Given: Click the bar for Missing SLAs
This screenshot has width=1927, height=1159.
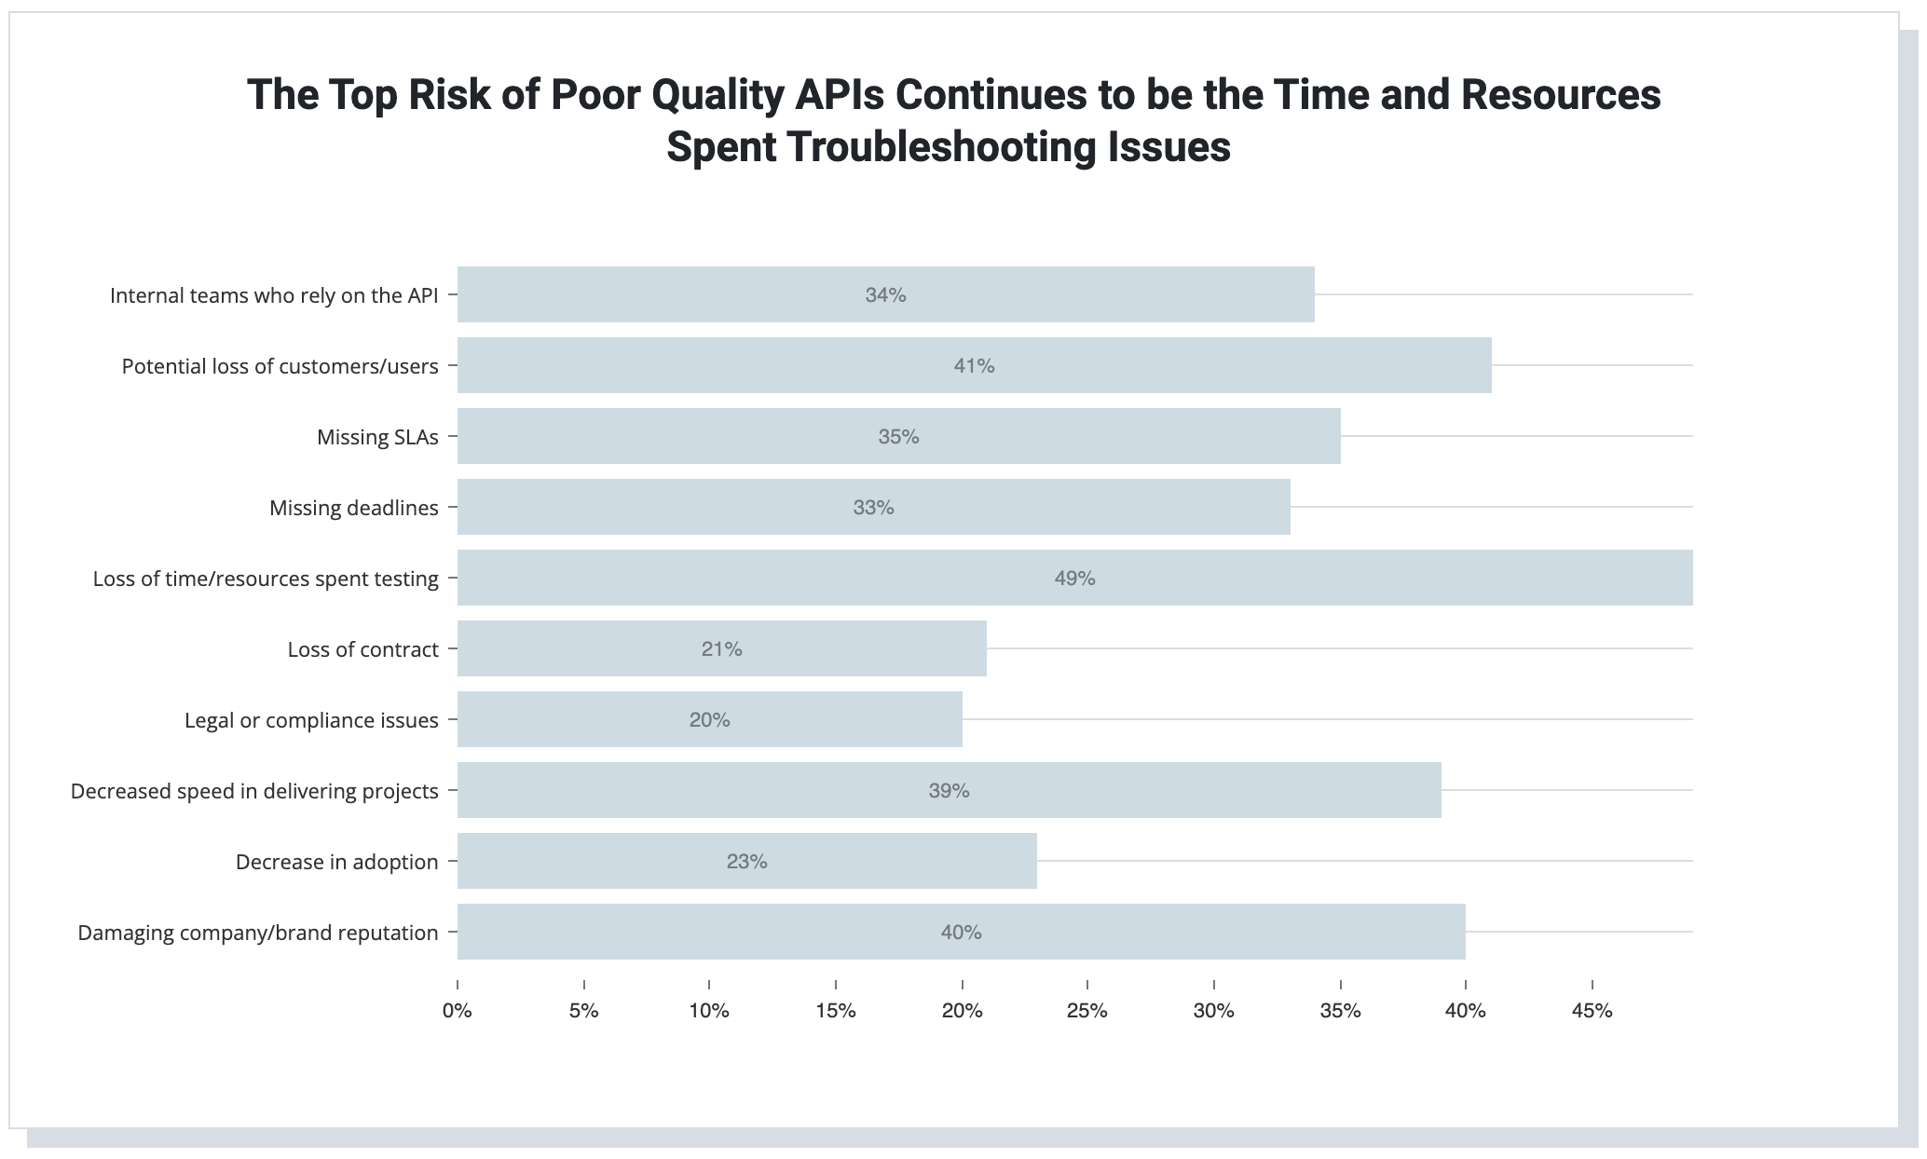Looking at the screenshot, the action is pos(899,436).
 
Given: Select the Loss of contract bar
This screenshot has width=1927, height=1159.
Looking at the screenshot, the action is pos(722,648).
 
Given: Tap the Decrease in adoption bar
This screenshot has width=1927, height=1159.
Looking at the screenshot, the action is pos(747,861).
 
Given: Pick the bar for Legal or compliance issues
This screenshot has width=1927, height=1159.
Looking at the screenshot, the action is pos(710,719).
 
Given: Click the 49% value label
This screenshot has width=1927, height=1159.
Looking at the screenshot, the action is pos(1074,579).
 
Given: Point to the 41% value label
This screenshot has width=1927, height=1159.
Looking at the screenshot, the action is pos(974,366).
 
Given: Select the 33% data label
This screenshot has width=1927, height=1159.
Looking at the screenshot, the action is pos(873,508).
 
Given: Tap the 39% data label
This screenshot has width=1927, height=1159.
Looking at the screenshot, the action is pos(949,791).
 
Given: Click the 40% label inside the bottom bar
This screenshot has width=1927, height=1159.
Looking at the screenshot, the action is pos(961,933).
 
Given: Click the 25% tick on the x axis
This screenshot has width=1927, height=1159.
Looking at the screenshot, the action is pos(1087,1011).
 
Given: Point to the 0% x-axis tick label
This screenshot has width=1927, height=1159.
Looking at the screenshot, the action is pos(458,1011).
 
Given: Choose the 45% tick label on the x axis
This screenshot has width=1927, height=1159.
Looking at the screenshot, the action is pos(1592,1011).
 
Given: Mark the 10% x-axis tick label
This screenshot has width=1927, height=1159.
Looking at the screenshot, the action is pos(709,1011).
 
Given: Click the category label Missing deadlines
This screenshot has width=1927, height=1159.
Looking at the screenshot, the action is pos(354,508).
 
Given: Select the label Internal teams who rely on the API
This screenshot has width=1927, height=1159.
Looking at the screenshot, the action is pos(274,295).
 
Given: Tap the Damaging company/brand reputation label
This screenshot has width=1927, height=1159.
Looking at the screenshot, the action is pos(258,933).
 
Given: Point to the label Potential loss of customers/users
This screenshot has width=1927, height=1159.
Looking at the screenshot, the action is pos(280,366).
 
